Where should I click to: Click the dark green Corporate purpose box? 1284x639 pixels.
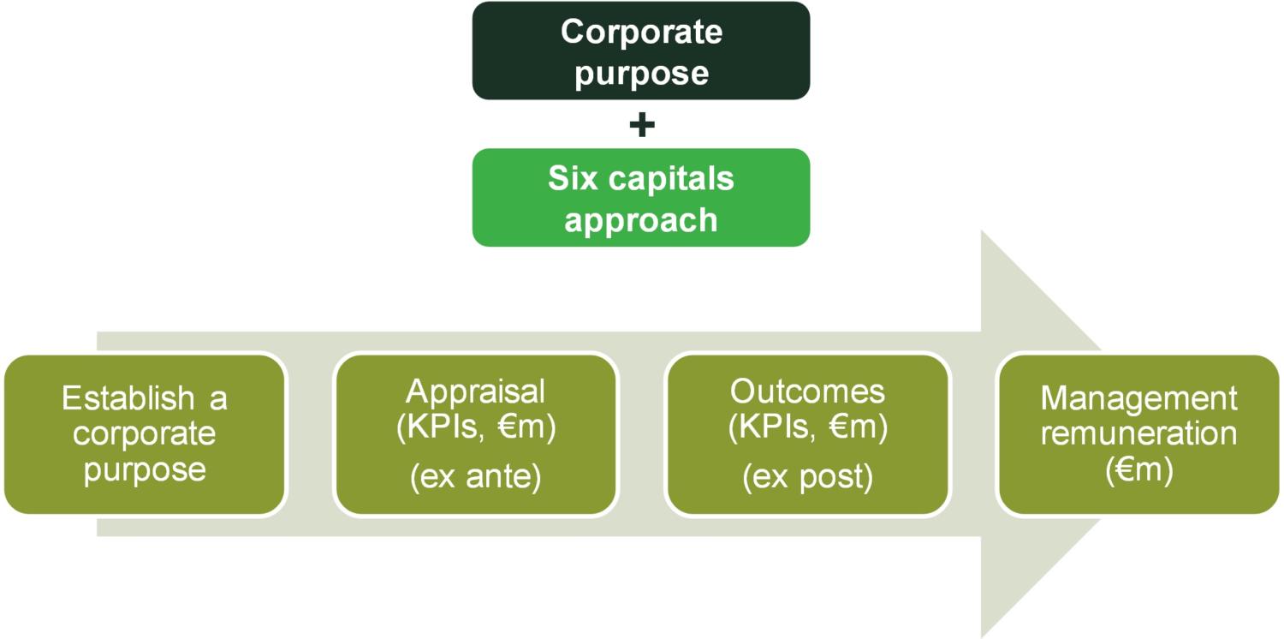tap(641, 51)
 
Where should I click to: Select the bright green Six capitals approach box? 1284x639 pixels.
tap(641, 198)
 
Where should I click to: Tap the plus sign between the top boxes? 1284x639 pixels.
tap(642, 124)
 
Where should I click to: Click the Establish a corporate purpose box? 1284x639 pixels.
tap(145, 434)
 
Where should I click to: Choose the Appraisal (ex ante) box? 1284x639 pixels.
tap(476, 434)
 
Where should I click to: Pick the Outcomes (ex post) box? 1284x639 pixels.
tap(808, 434)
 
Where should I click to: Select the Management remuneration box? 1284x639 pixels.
tap(1139, 434)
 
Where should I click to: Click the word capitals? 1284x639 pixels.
tap(671, 179)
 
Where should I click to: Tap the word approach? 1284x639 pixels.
tap(641, 221)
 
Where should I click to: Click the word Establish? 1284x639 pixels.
tap(128, 397)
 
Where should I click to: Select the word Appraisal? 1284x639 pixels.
tap(476, 392)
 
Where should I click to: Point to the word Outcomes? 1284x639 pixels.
tap(808, 391)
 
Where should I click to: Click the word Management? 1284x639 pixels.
tap(1139, 399)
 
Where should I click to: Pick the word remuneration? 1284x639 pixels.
tap(1139, 433)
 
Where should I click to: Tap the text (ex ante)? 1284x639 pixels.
tap(476, 476)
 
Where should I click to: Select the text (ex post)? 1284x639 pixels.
tap(808, 476)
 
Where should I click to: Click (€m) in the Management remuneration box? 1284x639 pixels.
tap(1139, 469)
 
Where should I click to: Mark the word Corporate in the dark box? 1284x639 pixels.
tap(641, 32)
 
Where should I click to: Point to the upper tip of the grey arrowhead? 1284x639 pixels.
tap(982, 231)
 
